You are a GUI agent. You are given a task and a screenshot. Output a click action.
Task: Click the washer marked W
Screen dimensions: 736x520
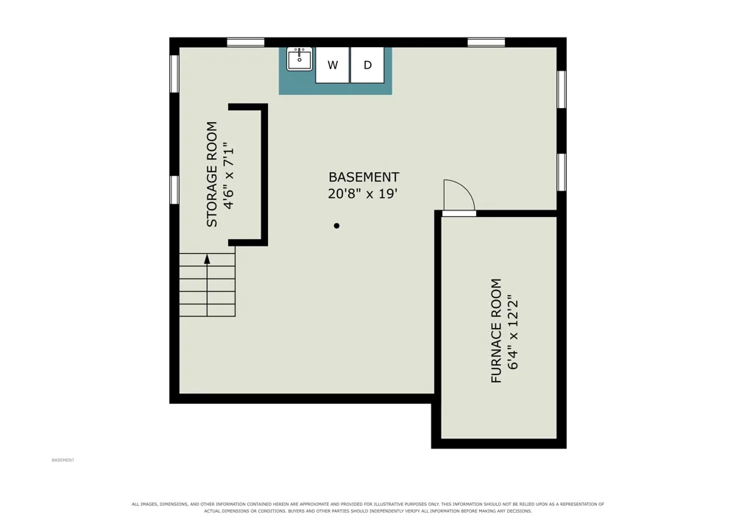click(333, 65)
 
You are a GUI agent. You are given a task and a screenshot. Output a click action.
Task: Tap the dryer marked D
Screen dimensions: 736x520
click(367, 65)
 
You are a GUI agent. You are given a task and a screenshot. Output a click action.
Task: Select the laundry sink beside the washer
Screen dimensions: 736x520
click(300, 59)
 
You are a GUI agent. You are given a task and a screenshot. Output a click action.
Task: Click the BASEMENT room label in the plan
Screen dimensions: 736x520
click(364, 177)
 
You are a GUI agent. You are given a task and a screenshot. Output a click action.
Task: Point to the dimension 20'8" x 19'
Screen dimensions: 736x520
click(363, 193)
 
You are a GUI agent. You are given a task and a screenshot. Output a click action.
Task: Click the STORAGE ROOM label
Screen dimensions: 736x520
click(212, 174)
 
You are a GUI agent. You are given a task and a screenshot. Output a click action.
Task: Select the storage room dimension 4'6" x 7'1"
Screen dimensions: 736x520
click(228, 175)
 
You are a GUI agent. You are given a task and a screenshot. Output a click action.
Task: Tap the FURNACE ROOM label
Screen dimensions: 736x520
click(496, 331)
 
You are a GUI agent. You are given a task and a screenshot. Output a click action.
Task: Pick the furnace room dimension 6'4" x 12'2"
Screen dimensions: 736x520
click(512, 332)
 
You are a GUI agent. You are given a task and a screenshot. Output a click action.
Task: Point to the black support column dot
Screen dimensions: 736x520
click(336, 226)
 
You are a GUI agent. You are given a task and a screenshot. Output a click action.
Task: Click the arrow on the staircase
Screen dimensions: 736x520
click(207, 285)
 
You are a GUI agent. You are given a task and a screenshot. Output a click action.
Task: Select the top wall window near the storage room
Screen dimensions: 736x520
click(246, 43)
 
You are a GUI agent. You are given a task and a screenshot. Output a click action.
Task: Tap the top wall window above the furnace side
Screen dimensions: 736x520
click(486, 43)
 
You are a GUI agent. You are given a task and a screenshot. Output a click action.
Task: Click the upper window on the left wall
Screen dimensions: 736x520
click(174, 74)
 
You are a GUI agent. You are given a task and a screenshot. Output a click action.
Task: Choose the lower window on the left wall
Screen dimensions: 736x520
click(174, 190)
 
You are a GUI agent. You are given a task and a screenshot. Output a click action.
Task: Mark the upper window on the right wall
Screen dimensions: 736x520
click(562, 90)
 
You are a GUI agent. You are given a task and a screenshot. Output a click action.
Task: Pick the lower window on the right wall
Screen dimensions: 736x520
click(562, 172)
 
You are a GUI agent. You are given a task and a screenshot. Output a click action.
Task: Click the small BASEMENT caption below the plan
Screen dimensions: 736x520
click(63, 460)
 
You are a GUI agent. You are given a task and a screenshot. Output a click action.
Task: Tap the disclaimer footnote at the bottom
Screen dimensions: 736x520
click(368, 507)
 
